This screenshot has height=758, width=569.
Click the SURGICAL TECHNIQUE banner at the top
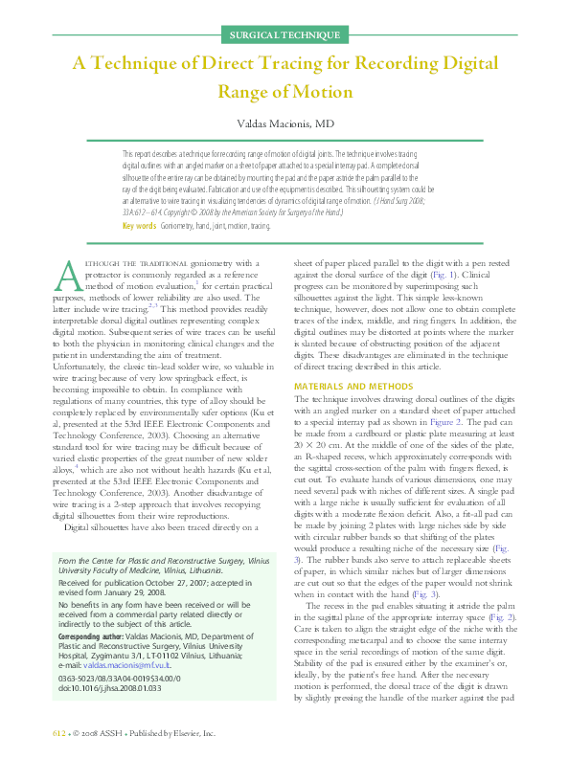click(x=284, y=35)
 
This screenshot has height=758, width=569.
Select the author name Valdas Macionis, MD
click(x=284, y=124)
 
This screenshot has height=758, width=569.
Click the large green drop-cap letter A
click(x=67, y=274)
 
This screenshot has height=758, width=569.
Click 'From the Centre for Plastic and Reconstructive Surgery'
click(x=151, y=559)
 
